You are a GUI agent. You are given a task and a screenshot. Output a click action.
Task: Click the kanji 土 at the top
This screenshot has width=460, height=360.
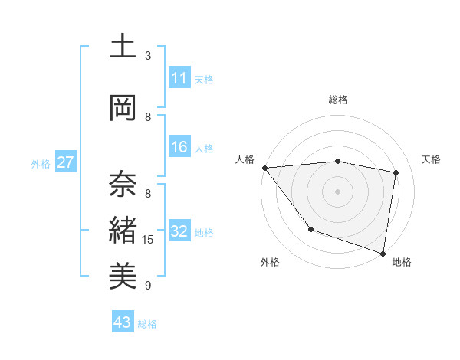123,46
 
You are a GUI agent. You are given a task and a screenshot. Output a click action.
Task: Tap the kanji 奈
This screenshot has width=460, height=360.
123,184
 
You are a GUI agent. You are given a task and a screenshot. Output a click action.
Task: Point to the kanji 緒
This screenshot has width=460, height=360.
123,230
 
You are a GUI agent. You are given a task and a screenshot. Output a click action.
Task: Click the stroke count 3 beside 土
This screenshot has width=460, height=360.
148,56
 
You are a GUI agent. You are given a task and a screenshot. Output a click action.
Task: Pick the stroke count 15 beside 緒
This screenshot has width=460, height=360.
148,240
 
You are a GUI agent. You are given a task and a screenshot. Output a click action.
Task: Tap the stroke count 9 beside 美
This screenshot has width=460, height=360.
148,286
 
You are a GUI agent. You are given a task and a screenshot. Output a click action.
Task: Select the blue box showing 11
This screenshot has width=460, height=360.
179,79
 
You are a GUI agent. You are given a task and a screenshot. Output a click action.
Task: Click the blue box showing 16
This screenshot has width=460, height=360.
179,148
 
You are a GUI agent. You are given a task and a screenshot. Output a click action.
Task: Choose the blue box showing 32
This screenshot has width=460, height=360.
179,232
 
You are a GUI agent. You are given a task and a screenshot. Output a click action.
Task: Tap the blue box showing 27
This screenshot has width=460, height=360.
65,163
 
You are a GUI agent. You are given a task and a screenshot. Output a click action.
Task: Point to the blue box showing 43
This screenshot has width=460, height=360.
123,323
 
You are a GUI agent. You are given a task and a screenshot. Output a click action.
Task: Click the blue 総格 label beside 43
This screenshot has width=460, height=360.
147,324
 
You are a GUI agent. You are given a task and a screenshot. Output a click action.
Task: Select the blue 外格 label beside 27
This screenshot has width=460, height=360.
41,164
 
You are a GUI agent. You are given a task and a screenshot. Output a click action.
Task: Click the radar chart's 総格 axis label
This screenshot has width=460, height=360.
337,100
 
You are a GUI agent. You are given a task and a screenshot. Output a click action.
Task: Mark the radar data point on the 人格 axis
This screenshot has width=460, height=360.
264,168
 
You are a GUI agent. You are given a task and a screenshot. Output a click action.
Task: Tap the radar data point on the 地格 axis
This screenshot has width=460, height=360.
383,252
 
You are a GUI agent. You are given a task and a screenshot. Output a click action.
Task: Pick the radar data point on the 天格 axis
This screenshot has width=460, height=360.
396,172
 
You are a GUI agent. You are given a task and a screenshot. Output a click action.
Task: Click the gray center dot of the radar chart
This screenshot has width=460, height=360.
337,191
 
